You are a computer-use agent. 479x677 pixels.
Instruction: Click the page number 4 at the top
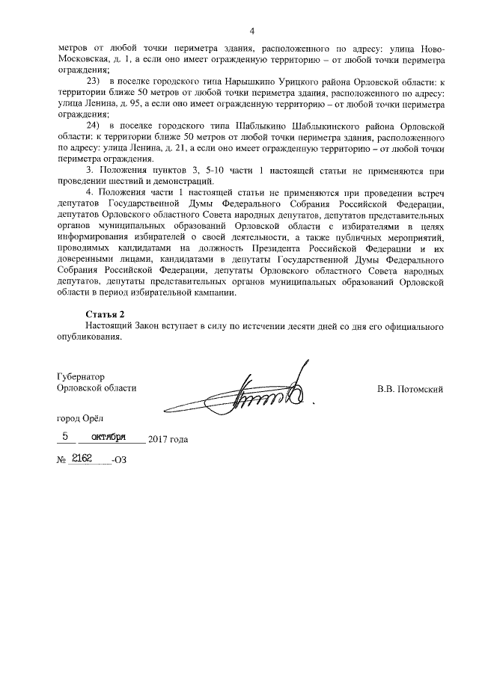[x=252, y=31]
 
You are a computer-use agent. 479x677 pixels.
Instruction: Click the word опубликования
[x=88, y=337]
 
